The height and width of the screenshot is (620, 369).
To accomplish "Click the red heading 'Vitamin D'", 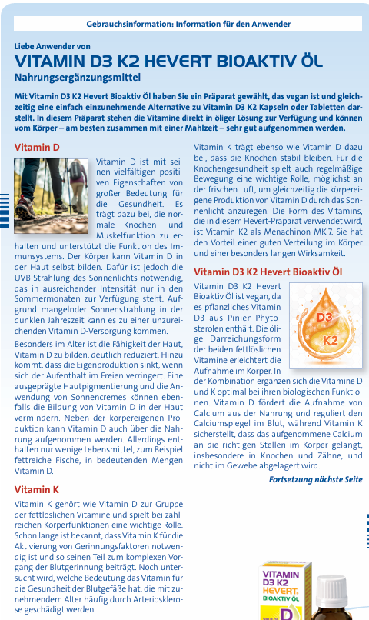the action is pyautogui.click(x=37, y=146).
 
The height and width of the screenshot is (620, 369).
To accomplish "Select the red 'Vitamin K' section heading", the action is pyautogui.click(x=37, y=489).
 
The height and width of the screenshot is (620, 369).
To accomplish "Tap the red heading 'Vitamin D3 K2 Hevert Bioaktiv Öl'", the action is pyautogui.click(x=268, y=272).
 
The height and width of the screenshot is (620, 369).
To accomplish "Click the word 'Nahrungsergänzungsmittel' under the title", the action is pyautogui.click(x=77, y=77).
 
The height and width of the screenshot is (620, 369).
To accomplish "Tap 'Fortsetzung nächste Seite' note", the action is pyautogui.click(x=315, y=479).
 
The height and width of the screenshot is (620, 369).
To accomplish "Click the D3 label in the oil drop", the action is pyautogui.click(x=324, y=317).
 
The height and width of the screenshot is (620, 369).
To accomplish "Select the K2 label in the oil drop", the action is pyautogui.click(x=331, y=339).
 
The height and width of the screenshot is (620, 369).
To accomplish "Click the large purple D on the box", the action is pyautogui.click(x=284, y=613).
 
